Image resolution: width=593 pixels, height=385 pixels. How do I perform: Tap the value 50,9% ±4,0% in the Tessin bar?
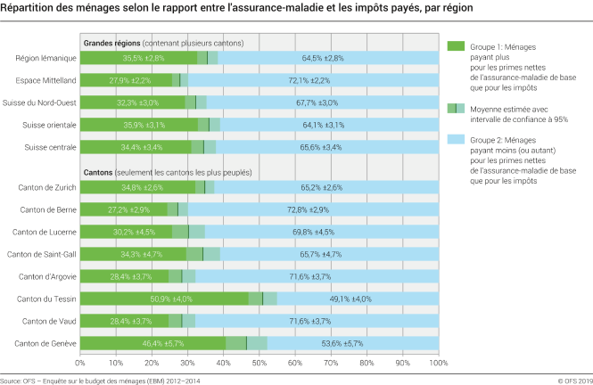(x=144, y=298)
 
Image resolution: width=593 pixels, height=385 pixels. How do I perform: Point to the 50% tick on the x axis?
(x=259, y=364)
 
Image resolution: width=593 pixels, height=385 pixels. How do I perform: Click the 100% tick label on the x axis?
(x=437, y=364)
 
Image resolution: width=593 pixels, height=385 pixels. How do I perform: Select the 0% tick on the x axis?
(x=80, y=364)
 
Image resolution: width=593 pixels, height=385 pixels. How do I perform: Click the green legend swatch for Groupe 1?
(x=457, y=45)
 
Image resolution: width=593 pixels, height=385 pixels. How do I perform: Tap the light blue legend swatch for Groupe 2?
(x=457, y=140)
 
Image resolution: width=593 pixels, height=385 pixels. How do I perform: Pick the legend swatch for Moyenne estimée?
(x=457, y=108)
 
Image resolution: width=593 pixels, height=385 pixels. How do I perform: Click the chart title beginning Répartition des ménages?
(x=237, y=8)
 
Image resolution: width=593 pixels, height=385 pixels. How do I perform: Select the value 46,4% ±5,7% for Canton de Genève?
(x=144, y=342)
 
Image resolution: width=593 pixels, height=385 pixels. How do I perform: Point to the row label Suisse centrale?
(x=50, y=146)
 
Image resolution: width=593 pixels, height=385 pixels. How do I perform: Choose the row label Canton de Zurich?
(x=48, y=188)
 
